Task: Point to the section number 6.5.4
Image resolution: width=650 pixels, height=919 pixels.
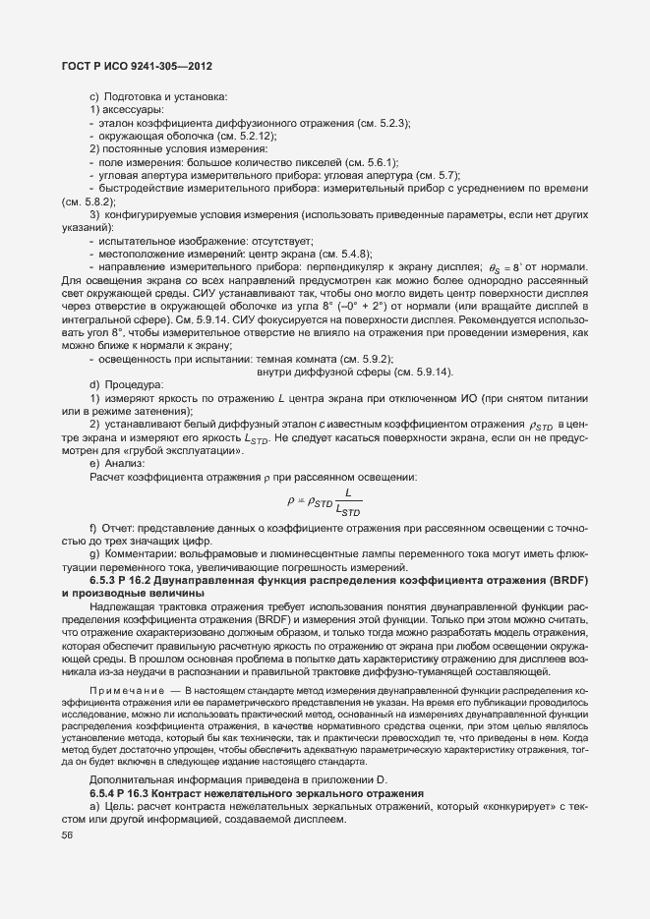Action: (x=105, y=792)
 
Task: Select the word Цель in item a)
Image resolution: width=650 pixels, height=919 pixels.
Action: (x=121, y=806)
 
